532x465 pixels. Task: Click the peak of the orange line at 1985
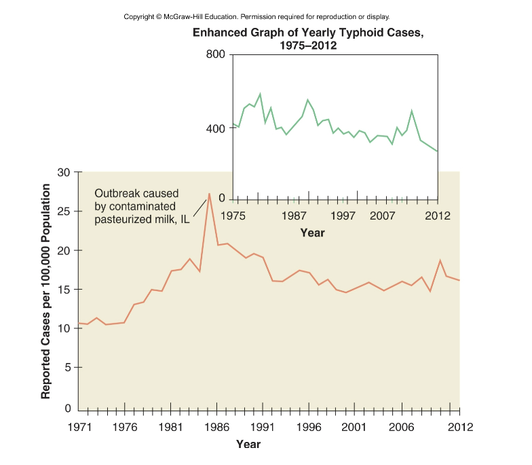(209, 194)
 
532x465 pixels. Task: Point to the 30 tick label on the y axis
(64, 172)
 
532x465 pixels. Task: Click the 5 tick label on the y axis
(67, 367)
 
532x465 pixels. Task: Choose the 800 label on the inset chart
(215, 54)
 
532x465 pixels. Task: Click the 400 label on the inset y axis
(215, 128)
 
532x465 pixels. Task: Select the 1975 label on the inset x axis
(233, 216)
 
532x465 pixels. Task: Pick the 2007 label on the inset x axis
(383, 216)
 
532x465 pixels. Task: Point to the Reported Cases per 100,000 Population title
(45, 291)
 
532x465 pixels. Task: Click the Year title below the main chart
(248, 445)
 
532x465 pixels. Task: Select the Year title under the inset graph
(313, 232)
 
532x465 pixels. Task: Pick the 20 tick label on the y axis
(64, 250)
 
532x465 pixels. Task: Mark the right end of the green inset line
(438, 151)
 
